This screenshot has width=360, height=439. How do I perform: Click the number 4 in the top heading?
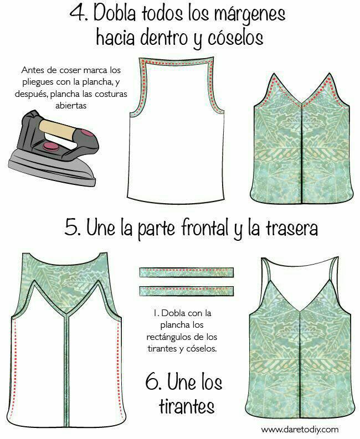78,13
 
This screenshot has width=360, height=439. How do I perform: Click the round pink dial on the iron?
49,146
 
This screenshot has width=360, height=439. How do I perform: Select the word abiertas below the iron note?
70,106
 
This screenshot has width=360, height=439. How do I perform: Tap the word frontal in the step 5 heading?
207,228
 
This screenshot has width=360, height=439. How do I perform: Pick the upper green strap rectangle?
186,272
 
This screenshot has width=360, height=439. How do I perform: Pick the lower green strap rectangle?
186,291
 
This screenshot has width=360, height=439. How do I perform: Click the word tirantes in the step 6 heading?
187,405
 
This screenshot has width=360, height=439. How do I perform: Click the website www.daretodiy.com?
300,429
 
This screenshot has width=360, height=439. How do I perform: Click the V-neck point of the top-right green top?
301,107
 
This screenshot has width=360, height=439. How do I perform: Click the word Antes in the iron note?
32,70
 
